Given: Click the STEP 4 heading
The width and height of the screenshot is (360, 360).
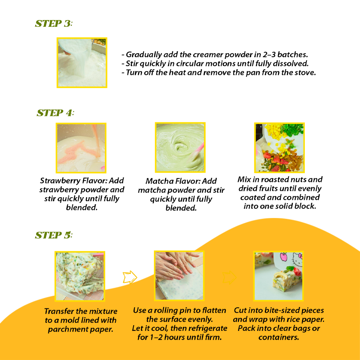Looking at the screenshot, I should [x=55, y=113].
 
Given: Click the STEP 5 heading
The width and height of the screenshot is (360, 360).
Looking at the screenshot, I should [x=54, y=235].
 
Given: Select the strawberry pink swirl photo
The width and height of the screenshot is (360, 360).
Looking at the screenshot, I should [x=81, y=148].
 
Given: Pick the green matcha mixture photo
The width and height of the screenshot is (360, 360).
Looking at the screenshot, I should [x=180, y=148].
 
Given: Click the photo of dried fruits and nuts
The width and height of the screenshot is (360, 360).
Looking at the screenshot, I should [x=279, y=148].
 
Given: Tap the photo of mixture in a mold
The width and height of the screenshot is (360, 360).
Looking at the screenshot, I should [x=80, y=276].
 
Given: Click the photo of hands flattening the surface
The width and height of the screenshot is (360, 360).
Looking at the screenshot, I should [x=179, y=276].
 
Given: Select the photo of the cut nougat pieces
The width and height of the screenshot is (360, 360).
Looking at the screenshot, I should [x=279, y=276].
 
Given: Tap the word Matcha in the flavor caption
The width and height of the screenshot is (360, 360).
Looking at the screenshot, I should [x=158, y=181].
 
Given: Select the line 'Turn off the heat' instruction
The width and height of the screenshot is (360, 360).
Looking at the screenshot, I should [x=220, y=72].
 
